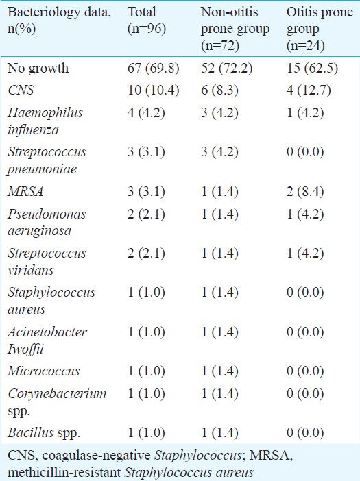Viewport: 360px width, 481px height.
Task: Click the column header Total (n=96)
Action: click(x=147, y=21)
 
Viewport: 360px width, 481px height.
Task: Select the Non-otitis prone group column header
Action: click(x=235, y=29)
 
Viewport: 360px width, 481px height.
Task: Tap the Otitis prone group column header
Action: click(x=320, y=29)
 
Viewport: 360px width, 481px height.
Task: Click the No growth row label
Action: click(x=38, y=69)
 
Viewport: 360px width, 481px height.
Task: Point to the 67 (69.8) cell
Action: click(x=154, y=68)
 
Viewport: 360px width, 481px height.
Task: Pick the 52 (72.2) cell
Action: click(x=227, y=68)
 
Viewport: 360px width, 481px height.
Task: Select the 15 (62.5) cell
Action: click(x=313, y=68)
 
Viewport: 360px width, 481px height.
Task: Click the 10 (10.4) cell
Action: click(x=154, y=90)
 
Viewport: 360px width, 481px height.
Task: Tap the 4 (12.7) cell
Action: click(x=309, y=90)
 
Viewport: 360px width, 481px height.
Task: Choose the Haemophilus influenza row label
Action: click(x=45, y=121)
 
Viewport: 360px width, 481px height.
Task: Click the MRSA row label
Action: click(x=25, y=191)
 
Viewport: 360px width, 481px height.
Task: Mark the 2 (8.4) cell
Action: click(x=305, y=192)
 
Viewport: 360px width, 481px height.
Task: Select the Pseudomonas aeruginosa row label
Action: click(x=47, y=223)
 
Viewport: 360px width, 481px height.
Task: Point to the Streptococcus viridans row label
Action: click(x=47, y=261)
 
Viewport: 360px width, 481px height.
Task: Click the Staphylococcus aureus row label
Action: click(x=51, y=301)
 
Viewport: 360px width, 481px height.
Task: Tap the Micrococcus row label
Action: click(x=44, y=371)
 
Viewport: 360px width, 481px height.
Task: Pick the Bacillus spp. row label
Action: click(x=44, y=433)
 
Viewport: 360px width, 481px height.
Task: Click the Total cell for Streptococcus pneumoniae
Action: click(x=146, y=152)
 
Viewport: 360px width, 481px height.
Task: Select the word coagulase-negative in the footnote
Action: click(x=97, y=456)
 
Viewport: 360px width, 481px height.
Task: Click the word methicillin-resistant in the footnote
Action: click(x=64, y=472)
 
